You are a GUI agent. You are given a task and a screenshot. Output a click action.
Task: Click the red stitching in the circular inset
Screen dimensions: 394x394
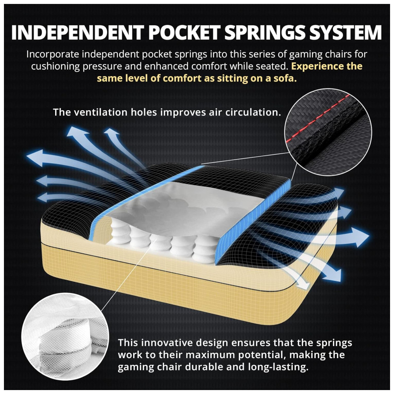(320, 118)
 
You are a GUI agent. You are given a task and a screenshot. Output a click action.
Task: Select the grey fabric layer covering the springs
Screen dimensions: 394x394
(197, 205)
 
